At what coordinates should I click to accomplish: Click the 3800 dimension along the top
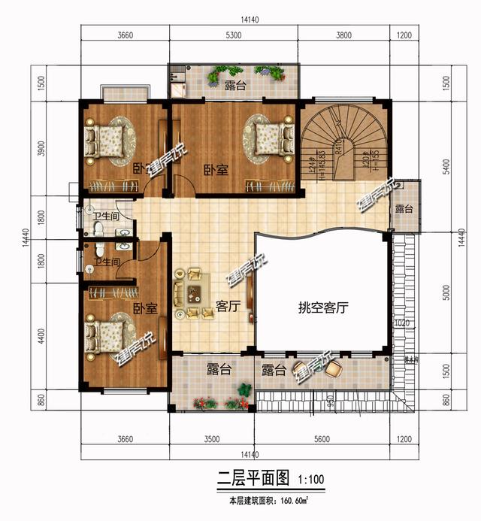point(344,35)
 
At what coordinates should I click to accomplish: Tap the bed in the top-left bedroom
point(106,138)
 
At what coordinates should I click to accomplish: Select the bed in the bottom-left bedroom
point(108,334)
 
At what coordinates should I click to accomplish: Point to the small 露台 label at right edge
point(404,208)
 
